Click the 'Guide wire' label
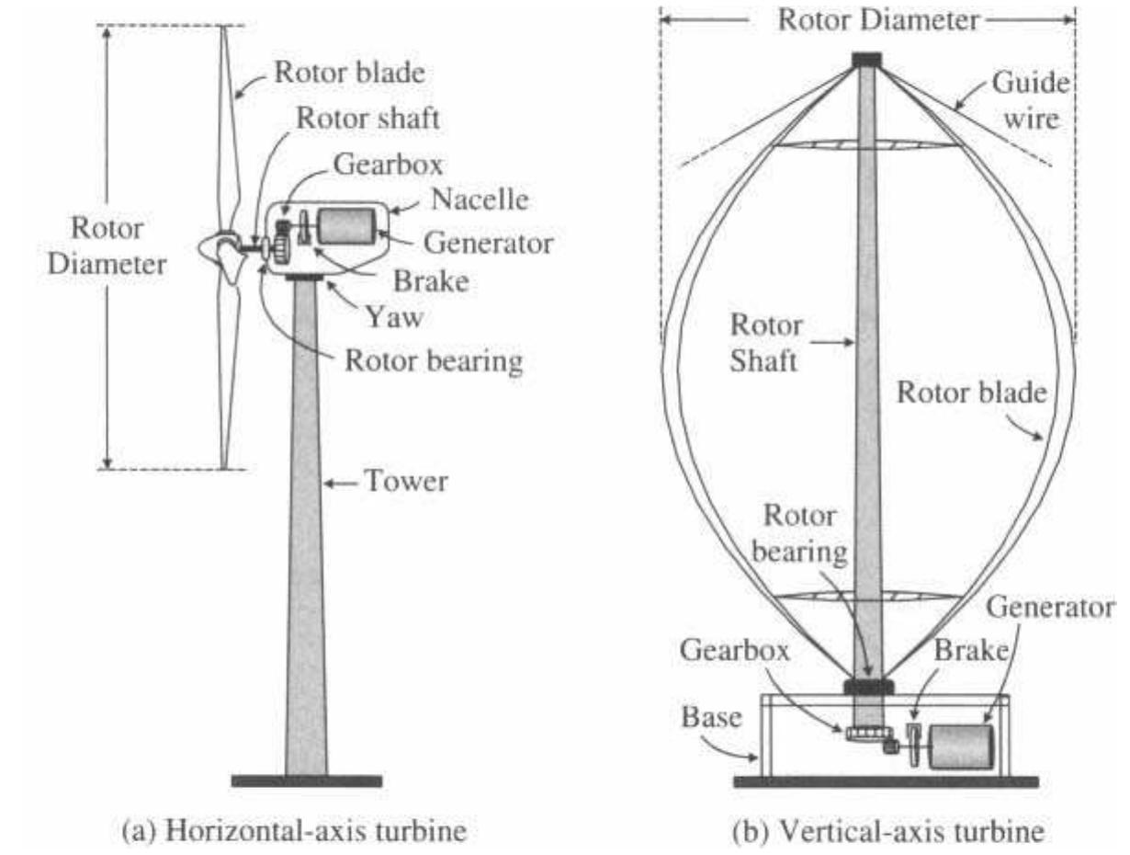[x=1030, y=100]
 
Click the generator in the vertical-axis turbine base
[x=962, y=746]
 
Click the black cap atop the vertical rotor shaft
[x=866, y=60]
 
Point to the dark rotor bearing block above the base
[x=868, y=686]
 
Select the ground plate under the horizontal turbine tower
[x=306, y=781]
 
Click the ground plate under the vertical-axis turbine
[x=886, y=782]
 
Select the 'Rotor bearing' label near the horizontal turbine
[x=433, y=359]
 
